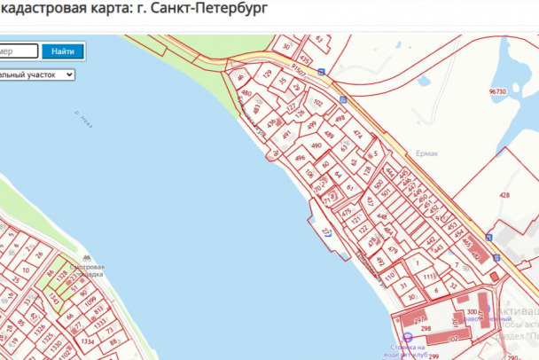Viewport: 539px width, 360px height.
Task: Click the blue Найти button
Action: pos(62,51)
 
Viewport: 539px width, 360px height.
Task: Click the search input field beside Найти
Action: pos(18,51)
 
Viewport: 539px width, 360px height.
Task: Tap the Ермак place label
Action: pos(426,153)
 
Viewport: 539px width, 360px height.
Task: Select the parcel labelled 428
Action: pos(504,194)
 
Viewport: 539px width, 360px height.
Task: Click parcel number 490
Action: pos(316,145)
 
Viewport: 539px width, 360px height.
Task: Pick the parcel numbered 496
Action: pos(300,159)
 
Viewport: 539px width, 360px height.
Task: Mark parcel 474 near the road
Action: pos(357,134)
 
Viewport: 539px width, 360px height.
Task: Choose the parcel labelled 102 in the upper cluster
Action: pos(318,103)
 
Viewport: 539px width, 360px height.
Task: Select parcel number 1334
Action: pos(87,340)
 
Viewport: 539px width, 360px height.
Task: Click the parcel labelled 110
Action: pos(389,276)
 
